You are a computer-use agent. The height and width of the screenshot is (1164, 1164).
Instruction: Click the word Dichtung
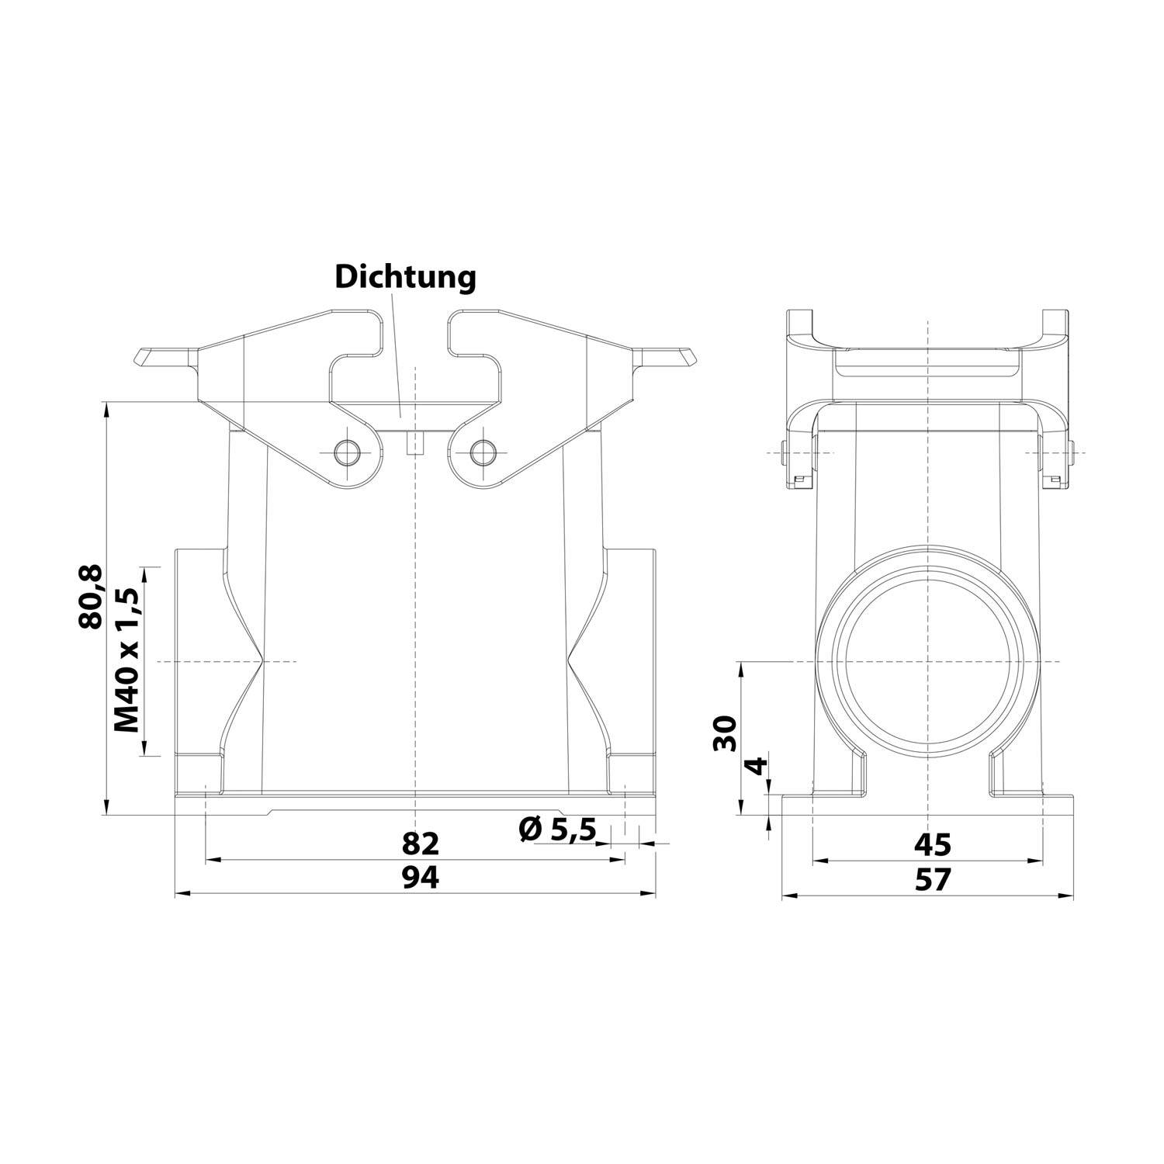tap(405, 277)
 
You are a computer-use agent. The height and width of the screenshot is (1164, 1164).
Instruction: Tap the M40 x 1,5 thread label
tap(126, 660)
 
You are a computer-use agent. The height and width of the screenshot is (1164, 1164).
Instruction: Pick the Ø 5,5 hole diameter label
tap(557, 830)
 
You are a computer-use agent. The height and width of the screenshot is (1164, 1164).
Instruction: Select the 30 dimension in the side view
tap(725, 733)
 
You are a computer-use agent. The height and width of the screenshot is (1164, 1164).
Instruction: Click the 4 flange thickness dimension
tap(756, 768)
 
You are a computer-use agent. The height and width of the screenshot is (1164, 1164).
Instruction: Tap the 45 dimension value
tap(932, 843)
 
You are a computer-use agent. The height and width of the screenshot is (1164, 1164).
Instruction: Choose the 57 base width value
tap(932, 880)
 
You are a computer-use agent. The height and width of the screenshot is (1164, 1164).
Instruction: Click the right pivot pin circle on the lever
tap(485, 451)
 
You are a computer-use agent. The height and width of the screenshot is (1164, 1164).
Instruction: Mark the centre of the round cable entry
tap(927, 661)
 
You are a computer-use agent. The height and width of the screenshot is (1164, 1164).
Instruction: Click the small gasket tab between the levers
tap(416, 443)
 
